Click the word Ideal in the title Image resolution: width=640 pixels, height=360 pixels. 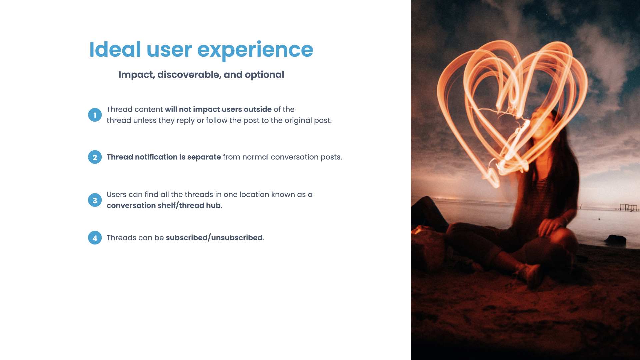tap(115, 50)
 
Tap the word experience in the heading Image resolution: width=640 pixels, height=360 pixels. tap(255, 51)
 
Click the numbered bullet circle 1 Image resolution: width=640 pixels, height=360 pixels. tap(95, 115)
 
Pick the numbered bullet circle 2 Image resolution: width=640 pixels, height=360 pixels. tap(95, 157)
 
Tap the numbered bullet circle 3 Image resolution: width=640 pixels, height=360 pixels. tap(95, 200)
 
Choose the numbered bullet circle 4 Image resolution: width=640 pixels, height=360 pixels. tap(95, 238)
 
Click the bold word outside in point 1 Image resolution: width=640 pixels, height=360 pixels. tap(258, 109)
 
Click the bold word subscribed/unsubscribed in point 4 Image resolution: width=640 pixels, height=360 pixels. tap(214, 238)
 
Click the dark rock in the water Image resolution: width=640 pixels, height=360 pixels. tap(615, 238)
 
